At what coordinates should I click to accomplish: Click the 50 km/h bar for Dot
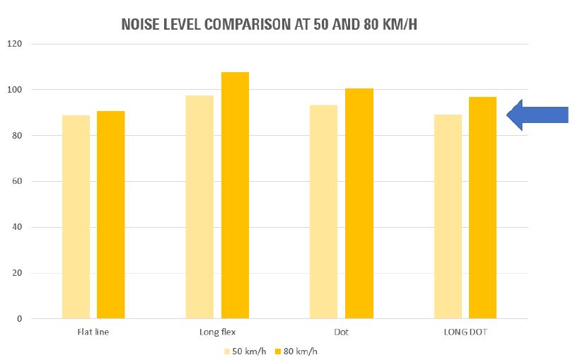coord(324,211)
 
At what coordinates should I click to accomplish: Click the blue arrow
coord(538,115)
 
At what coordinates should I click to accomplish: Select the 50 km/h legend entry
coord(245,349)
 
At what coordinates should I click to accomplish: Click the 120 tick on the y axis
coord(16,44)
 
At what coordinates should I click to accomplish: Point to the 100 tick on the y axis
coord(16,90)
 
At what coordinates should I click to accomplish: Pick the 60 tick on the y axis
coord(18,181)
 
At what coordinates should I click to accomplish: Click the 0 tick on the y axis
coord(20,319)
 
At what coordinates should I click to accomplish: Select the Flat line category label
coord(93,331)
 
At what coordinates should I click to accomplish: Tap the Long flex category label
coord(217,331)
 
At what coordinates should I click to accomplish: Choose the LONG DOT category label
coord(465,331)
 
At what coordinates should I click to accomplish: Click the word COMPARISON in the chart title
coord(247,24)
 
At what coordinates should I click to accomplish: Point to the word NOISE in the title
coord(141,24)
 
